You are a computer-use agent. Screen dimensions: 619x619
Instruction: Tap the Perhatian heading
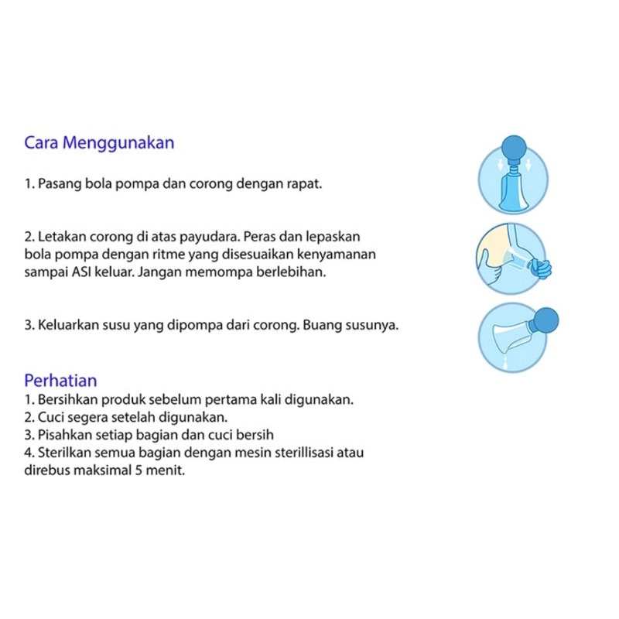coord(60,381)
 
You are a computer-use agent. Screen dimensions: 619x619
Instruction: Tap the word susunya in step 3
coord(374,325)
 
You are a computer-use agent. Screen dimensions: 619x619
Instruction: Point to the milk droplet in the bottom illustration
coord(504,360)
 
